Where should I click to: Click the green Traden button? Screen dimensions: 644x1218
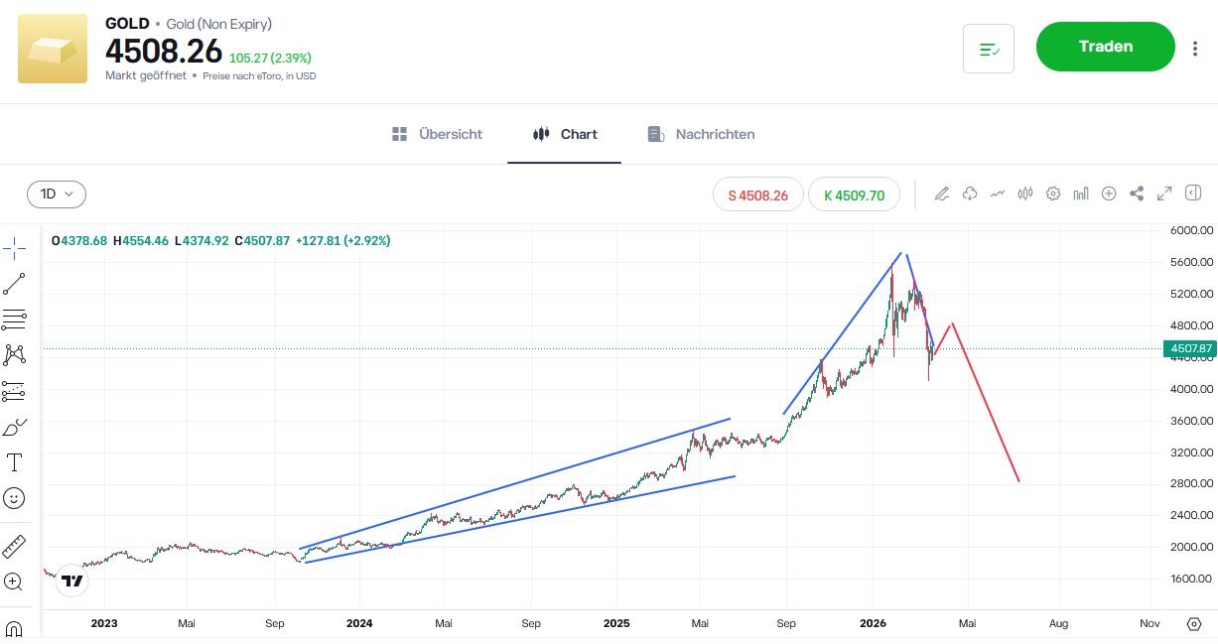[x=1105, y=47]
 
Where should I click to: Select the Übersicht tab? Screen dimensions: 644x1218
[x=438, y=134]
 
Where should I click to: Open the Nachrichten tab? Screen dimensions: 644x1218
[x=701, y=134]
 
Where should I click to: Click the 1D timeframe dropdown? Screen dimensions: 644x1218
[x=57, y=194]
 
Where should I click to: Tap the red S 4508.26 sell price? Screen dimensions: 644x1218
[x=758, y=195]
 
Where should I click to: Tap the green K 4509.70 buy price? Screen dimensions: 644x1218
[x=854, y=195]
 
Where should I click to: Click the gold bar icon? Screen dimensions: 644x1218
[x=53, y=49]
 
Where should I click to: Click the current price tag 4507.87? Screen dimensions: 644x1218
[x=1189, y=348]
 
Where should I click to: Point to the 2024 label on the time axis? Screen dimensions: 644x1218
[x=359, y=623]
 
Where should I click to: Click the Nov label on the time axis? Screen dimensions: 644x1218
[x=1150, y=623]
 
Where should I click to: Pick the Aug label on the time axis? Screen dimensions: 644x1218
[x=1059, y=623]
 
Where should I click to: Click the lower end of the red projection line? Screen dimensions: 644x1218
[x=1018, y=481]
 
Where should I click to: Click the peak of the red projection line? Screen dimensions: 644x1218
[x=952, y=323]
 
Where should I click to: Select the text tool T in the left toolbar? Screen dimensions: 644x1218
[x=15, y=461]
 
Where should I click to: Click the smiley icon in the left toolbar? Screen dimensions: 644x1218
[x=15, y=498]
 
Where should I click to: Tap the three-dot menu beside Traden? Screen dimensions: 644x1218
[x=1195, y=48]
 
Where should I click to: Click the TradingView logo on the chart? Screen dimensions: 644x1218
[x=72, y=580]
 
